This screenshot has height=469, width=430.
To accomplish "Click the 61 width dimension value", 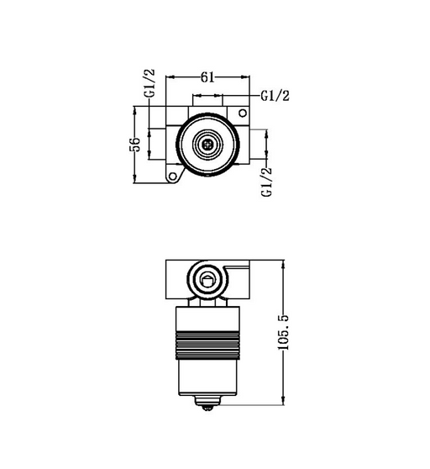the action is [x=207, y=77].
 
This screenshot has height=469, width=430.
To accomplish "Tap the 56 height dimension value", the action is [x=135, y=145].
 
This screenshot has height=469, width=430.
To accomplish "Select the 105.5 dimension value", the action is [x=283, y=332].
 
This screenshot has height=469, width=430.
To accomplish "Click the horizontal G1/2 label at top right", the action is [x=275, y=96].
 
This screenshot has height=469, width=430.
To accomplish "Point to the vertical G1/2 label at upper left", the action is [x=149, y=83].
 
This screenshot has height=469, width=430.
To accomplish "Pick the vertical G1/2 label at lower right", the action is [x=266, y=182].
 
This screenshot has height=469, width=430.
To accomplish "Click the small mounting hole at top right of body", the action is [x=243, y=113].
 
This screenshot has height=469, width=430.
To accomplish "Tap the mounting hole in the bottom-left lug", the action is [x=173, y=177].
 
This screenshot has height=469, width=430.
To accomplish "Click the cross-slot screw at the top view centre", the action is [x=207, y=145].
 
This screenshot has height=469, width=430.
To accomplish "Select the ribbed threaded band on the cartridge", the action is [x=207, y=345].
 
